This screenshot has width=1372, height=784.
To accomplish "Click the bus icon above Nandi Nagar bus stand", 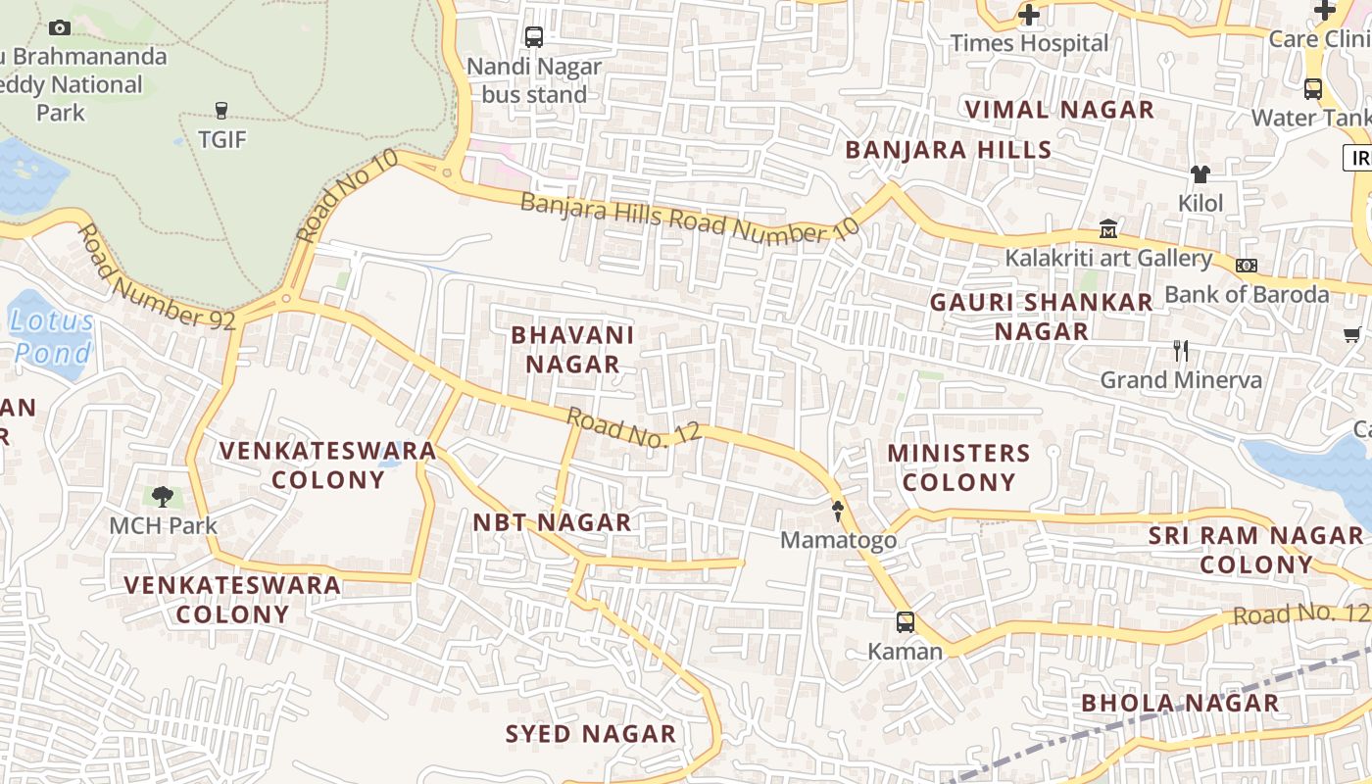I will tap(534, 37).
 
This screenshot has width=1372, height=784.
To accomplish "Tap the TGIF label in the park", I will tap(222, 139).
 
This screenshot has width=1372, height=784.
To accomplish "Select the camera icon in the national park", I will tap(60, 27).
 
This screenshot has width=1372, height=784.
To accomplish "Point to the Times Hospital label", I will tap(1029, 43).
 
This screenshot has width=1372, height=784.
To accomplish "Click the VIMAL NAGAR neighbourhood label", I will tap(1059, 110).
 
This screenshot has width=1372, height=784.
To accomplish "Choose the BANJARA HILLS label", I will tap(948, 150).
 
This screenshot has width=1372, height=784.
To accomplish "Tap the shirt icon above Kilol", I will tap(1200, 174).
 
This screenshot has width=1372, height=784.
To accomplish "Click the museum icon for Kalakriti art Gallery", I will tap(1108, 228).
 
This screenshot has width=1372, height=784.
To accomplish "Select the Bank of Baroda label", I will tap(1247, 294).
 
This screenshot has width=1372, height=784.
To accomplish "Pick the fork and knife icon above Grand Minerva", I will tap(1181, 351).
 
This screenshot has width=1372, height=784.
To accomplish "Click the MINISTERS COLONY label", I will tap(958, 467).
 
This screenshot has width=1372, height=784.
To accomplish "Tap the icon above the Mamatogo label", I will tap(839, 510).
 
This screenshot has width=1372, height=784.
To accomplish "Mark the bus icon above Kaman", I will tap(906, 621).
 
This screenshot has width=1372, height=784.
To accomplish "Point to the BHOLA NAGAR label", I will tap(1180, 703).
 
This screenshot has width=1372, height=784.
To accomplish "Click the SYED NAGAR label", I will tap(590, 734).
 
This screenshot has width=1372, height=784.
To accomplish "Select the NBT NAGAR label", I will tap(552, 522).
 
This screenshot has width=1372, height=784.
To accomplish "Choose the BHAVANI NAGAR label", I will tap(572, 350).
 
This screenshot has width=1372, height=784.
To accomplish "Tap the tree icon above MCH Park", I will tap(163, 497).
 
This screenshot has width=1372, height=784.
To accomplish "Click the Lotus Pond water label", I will tap(52, 336).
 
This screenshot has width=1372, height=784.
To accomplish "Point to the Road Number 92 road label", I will tap(157, 277).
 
